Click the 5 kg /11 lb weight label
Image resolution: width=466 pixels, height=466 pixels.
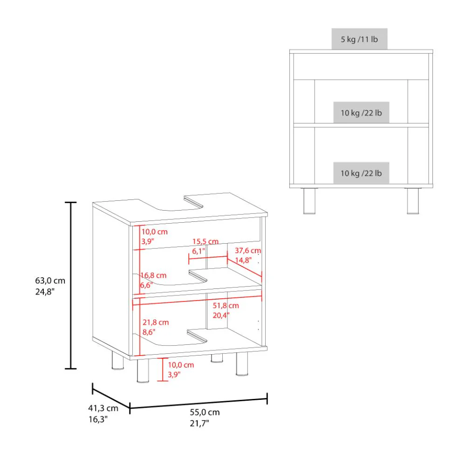[359, 39]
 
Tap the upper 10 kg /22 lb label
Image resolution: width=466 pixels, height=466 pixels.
[361, 113]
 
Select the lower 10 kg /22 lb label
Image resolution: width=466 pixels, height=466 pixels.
[361, 173]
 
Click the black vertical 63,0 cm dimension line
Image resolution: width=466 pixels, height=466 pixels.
[70, 285]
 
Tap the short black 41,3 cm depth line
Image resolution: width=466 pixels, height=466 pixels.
[111, 395]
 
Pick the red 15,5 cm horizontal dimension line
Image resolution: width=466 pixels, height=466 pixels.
[208, 257]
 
